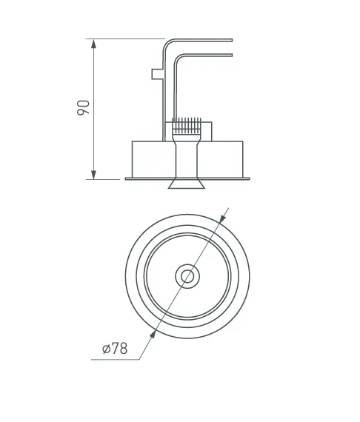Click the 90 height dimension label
point(83,107)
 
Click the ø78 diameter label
point(115,348)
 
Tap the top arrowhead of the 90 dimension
point(93,44)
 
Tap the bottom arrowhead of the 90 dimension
point(93,175)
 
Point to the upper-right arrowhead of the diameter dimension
point(222,218)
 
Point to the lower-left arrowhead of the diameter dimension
point(153,334)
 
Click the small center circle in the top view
point(187,276)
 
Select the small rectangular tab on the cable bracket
point(157,74)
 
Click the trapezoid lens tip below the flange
point(187,184)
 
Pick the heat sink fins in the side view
point(187,126)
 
